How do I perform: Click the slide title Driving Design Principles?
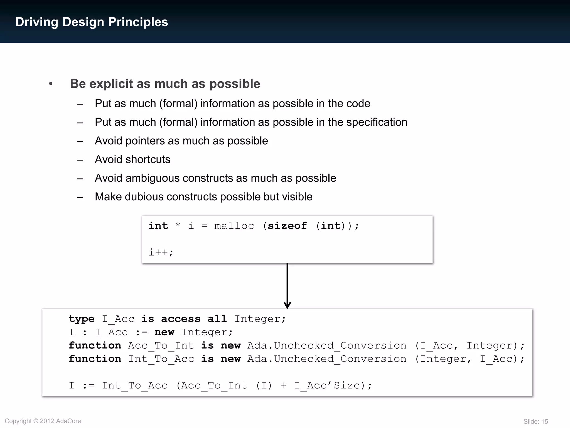92,22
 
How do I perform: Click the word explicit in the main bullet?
111,84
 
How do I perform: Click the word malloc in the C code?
234,226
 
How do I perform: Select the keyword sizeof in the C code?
287,226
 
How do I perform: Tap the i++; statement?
161,252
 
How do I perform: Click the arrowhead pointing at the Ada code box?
287,305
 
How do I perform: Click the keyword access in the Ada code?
181,319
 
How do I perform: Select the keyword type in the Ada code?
82,319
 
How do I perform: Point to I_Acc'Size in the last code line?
327,386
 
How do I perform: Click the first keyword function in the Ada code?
95,346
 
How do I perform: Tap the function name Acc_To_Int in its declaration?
161,346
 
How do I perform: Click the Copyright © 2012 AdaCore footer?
43,421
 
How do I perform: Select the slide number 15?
544,422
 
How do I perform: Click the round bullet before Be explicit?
51,84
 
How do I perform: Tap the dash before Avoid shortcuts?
80,160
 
